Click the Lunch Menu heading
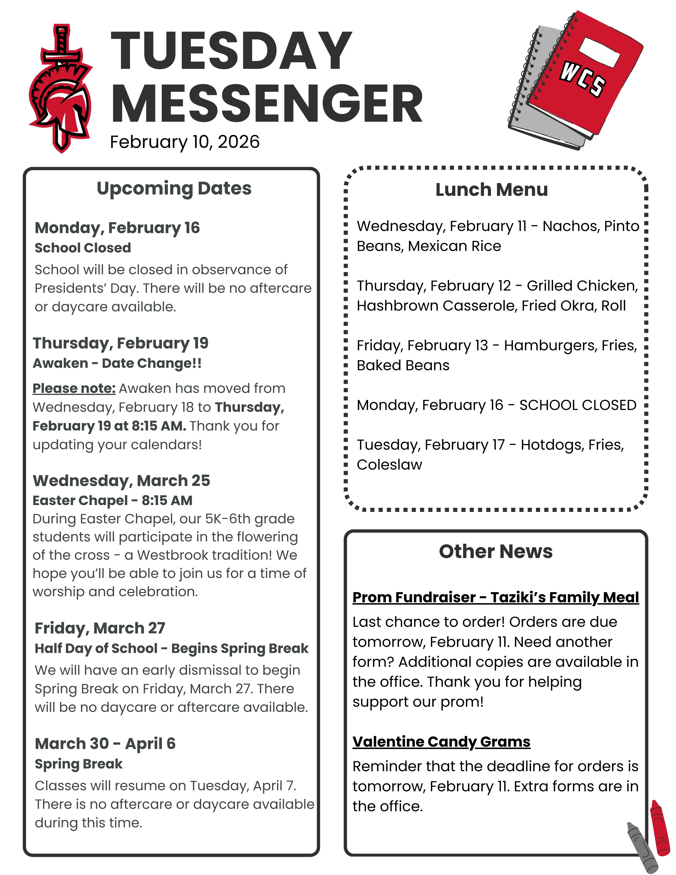(491, 190)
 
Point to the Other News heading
(495, 552)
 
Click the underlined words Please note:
(74, 388)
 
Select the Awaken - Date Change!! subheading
(117, 363)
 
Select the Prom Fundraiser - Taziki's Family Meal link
(495, 597)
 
